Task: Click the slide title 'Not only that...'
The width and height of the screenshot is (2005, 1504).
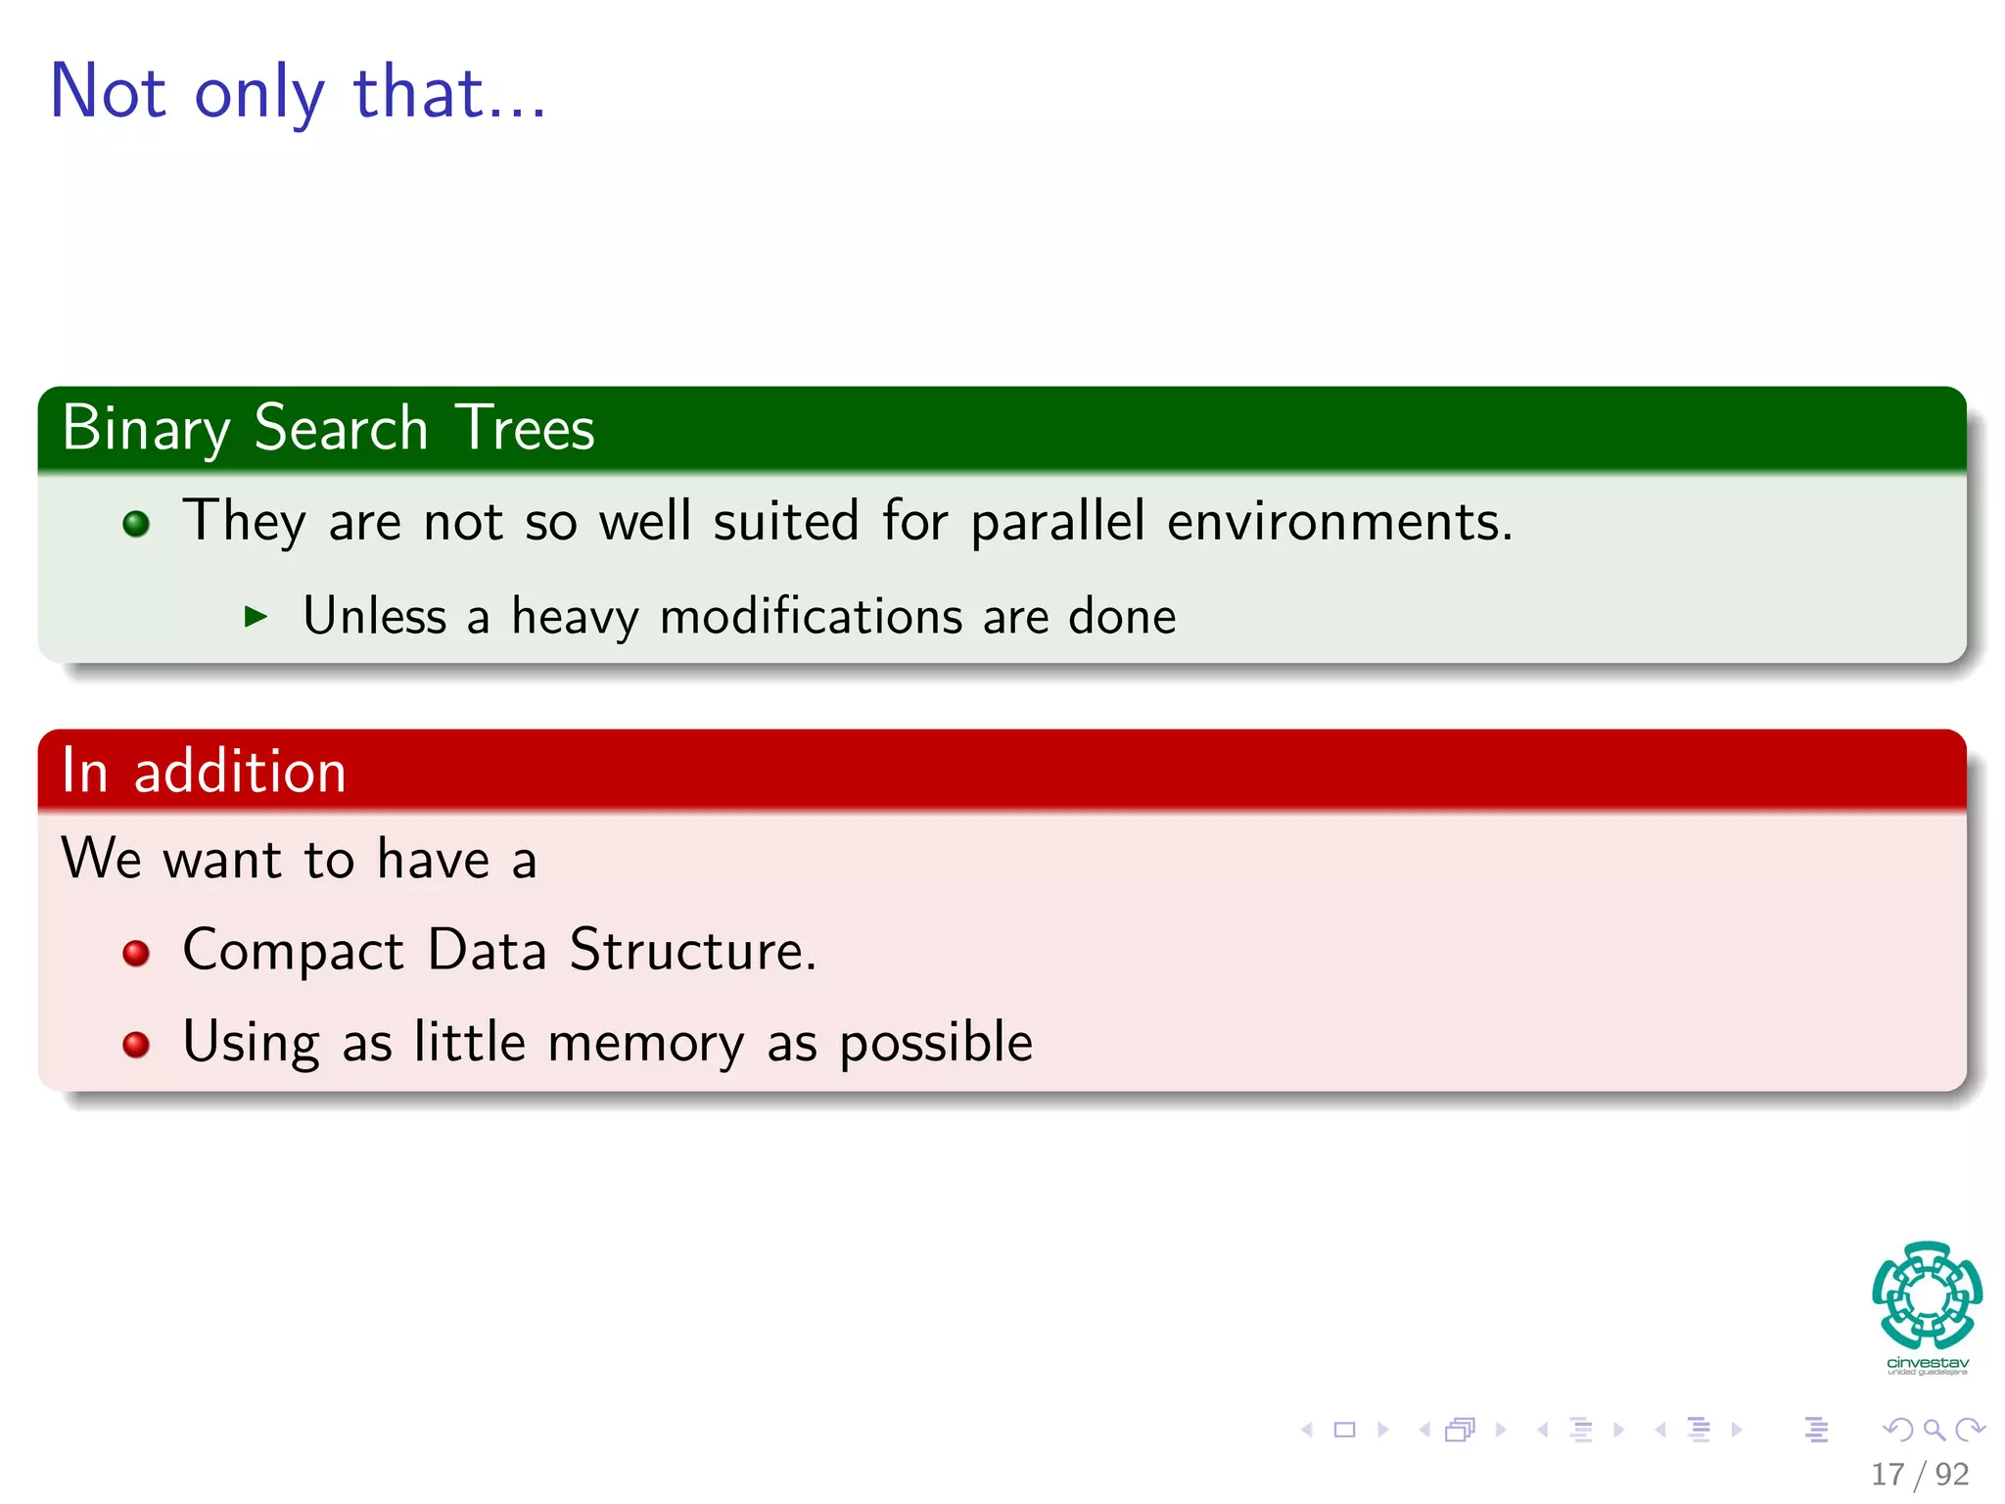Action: coord(298,92)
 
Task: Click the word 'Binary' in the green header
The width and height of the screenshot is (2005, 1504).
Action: coord(146,428)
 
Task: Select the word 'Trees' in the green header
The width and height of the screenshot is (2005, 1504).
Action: coord(525,428)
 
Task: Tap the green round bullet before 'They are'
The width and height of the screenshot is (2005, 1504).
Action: coord(136,524)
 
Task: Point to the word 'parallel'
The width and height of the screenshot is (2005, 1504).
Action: coord(1057,521)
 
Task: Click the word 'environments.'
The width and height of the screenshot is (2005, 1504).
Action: coord(1339,521)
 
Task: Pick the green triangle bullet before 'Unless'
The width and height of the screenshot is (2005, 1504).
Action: coord(256,616)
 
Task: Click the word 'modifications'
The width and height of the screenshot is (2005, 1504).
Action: coord(812,617)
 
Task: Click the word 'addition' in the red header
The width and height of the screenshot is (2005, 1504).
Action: coord(240,771)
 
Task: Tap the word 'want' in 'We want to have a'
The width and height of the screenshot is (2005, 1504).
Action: coord(222,860)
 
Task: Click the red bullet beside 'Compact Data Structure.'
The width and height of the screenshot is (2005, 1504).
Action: coord(136,953)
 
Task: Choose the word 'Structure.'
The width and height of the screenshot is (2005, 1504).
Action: coord(692,950)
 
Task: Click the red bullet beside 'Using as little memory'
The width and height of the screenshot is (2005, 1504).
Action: coord(136,1045)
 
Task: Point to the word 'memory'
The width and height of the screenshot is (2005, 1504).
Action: coord(645,1043)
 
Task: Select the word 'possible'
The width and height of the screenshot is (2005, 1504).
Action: coord(936,1043)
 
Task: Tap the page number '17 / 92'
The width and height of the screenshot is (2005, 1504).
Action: coord(1919,1474)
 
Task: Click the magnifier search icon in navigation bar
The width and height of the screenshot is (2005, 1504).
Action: coord(1934,1430)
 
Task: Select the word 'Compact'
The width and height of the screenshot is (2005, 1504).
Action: coord(293,951)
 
